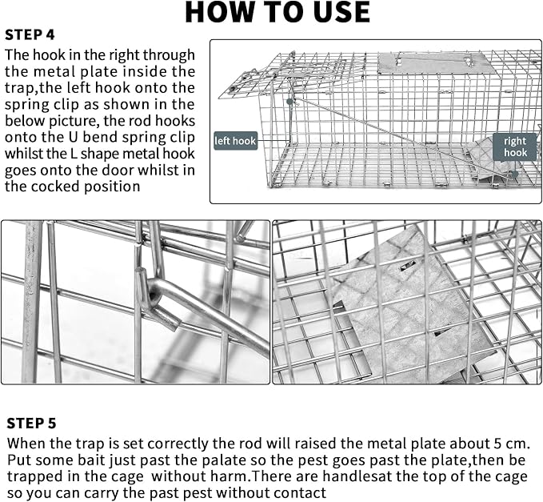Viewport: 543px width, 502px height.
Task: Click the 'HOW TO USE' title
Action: point(277,12)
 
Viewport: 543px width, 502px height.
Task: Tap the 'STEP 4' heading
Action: point(30,34)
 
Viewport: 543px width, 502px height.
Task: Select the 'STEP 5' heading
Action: point(31,424)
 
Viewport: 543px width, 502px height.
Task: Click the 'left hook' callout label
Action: point(235,141)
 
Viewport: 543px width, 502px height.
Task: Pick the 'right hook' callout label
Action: point(514,147)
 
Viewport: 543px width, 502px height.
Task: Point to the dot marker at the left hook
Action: point(289,102)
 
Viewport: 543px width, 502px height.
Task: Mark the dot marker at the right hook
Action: point(515,174)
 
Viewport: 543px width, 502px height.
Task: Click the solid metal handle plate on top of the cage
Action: point(432,62)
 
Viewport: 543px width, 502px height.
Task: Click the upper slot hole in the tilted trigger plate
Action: point(408,266)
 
